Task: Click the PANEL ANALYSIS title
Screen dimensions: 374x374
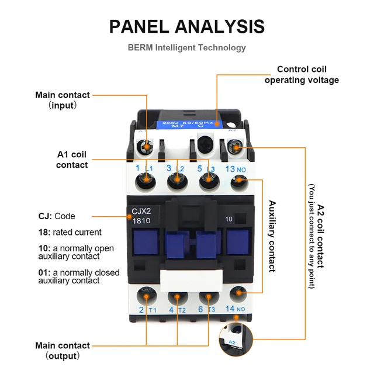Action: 187,26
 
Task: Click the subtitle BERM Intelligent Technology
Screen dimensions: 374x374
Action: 187,48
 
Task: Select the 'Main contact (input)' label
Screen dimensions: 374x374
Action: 63,100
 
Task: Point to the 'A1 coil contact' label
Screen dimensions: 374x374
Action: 72,160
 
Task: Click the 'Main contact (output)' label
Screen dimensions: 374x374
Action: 63,350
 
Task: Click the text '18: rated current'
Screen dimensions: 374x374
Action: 70,232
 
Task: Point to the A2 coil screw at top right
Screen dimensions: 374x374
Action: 237,148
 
